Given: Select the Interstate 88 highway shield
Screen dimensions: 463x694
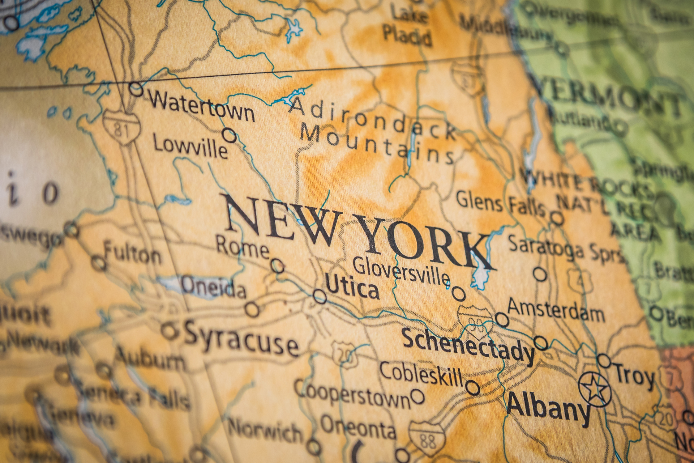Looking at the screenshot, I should pyautogui.click(x=427, y=438).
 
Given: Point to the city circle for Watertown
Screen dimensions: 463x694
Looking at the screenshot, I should pyautogui.click(x=136, y=89).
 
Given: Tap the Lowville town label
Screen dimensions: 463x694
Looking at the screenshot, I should pyautogui.click(x=190, y=146).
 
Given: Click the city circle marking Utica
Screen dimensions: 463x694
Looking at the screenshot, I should pyautogui.click(x=320, y=296).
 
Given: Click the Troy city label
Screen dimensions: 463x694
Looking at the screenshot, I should pyautogui.click(x=634, y=376).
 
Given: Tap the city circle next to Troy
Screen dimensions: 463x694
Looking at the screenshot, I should pyautogui.click(x=604, y=361).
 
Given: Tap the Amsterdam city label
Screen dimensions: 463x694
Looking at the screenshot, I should pyautogui.click(x=556, y=311).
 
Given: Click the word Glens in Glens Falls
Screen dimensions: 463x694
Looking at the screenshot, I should pyautogui.click(x=479, y=201).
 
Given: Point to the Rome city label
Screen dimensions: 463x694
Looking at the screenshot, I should pyautogui.click(x=243, y=247).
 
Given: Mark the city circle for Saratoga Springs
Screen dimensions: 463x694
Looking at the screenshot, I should pyautogui.click(x=540, y=274).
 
